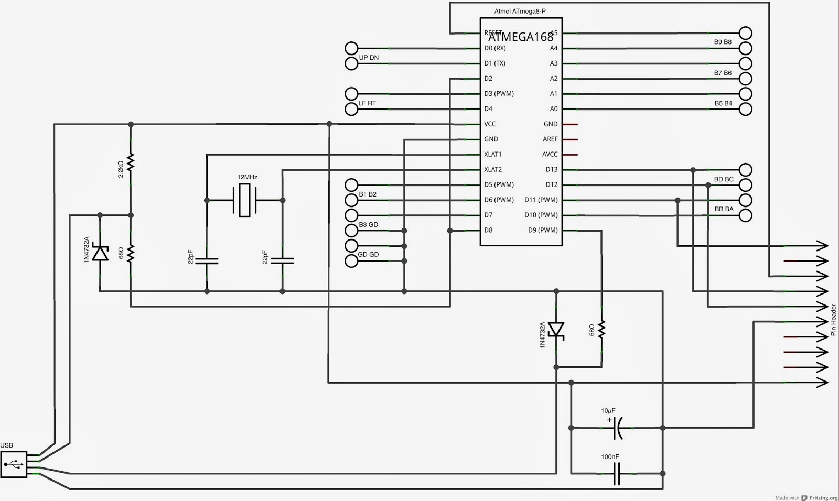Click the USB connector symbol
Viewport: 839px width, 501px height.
(x=14, y=464)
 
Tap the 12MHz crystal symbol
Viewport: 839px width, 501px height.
(x=244, y=200)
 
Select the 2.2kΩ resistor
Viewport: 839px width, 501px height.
(x=131, y=163)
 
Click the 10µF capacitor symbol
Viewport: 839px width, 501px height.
(x=617, y=428)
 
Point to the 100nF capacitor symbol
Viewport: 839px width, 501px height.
(x=617, y=473)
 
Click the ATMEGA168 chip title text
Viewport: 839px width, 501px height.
(x=521, y=37)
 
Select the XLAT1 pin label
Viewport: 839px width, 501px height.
(x=492, y=154)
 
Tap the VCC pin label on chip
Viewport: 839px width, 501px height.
(x=489, y=124)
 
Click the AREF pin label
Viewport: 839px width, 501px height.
(x=550, y=139)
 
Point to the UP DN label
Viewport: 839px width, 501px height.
(x=369, y=58)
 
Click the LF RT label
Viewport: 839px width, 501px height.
(x=367, y=103)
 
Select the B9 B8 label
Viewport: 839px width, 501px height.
(x=723, y=42)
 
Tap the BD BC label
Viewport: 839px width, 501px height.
(x=724, y=179)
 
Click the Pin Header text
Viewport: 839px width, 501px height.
(x=833, y=320)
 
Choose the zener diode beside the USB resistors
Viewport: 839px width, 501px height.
(x=100, y=254)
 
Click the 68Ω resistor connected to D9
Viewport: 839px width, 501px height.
(x=601, y=330)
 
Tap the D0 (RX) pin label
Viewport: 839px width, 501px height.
(x=495, y=48)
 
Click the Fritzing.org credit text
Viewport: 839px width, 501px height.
(x=823, y=497)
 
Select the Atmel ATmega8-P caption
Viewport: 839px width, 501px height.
(x=520, y=11)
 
